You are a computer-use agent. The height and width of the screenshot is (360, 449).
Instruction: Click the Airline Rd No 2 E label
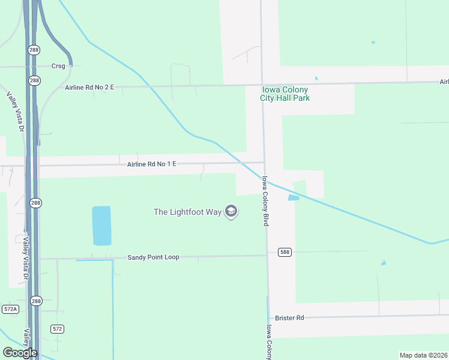[89, 88]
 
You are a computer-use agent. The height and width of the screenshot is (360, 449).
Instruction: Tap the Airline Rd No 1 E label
[152, 164]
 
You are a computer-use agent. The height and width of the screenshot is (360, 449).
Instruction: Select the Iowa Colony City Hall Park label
[285, 94]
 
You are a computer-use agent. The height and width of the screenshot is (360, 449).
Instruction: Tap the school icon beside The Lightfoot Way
[231, 211]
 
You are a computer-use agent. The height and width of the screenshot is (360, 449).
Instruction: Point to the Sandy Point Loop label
[153, 257]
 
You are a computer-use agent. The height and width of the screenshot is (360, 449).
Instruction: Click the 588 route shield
[285, 252]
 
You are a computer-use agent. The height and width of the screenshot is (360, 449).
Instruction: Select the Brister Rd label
[289, 317]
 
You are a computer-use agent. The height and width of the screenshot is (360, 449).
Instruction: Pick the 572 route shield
[57, 329]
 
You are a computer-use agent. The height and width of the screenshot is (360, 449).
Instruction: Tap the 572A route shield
[10, 309]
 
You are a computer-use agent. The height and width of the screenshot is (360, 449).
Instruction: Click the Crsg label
[58, 66]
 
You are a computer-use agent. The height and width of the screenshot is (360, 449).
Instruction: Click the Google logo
[20, 353]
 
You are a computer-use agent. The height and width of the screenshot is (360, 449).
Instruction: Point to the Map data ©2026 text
[424, 355]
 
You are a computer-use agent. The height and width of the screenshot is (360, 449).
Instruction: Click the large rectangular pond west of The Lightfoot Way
[102, 226]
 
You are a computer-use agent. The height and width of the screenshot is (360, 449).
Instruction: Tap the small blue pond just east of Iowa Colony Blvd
[294, 197]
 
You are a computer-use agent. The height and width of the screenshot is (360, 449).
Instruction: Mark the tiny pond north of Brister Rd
[383, 263]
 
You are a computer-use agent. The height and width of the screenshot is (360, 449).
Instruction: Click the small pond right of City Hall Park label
[316, 79]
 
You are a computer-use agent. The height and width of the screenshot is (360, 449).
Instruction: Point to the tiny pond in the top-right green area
[373, 42]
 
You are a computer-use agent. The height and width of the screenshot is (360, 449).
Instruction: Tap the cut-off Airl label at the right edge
[444, 82]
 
